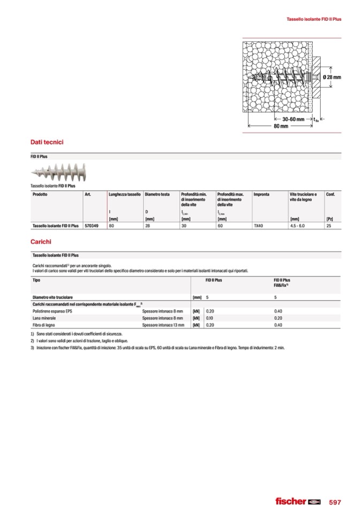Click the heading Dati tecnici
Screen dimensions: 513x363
[x=48, y=142]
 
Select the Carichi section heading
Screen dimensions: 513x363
[x=41, y=242]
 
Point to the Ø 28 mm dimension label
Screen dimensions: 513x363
[x=332, y=77]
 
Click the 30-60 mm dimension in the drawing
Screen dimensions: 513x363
[x=293, y=119]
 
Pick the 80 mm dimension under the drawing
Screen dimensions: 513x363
[x=281, y=126]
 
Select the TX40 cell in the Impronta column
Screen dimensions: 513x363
[x=259, y=226]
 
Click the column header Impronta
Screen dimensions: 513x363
[x=262, y=194]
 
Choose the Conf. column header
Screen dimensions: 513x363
[x=330, y=194]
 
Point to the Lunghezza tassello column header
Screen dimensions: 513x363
[x=125, y=194]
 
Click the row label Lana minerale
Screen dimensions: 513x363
[x=44, y=318]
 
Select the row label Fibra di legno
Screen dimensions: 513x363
[x=44, y=325]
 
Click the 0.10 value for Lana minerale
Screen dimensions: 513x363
[x=210, y=318]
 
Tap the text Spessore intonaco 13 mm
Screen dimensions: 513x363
[x=163, y=325]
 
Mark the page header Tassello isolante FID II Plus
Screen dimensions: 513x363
[x=314, y=19]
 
